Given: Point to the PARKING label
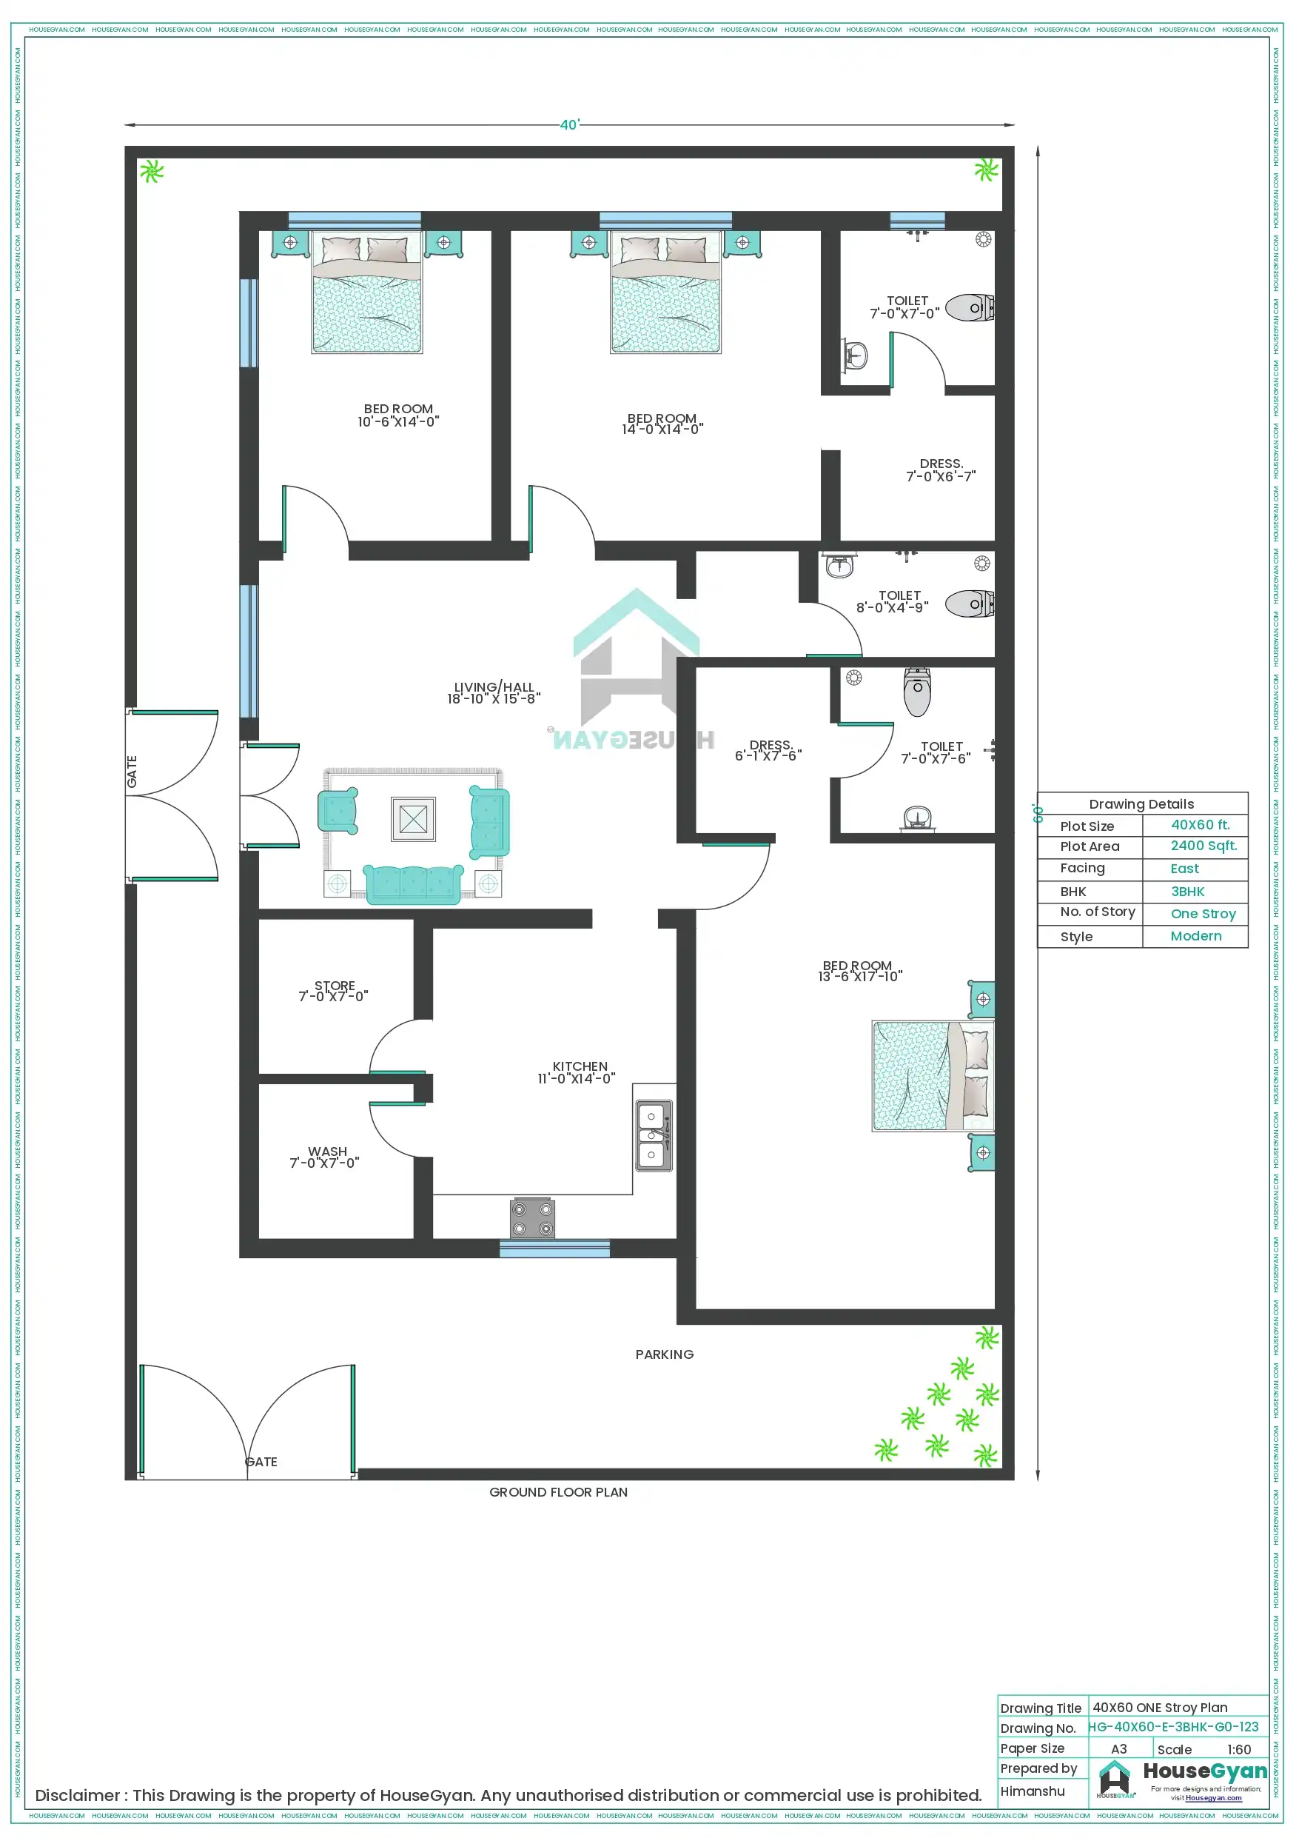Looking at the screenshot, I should [x=665, y=1354].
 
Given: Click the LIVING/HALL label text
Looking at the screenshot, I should [x=494, y=692].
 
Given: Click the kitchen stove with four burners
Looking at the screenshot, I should [x=532, y=1218].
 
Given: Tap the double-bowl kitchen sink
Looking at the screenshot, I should [x=653, y=1136].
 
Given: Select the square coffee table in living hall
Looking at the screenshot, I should [x=413, y=819].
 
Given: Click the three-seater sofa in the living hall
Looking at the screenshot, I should [x=414, y=883].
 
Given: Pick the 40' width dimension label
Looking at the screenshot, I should [x=569, y=125].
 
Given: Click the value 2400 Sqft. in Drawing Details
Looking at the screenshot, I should [x=1203, y=846].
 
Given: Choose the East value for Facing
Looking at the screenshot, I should [x=1184, y=869].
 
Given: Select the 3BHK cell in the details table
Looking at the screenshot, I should [x=1187, y=892].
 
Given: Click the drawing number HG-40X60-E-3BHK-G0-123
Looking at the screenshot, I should [x=1172, y=1727].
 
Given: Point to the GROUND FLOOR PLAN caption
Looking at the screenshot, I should [x=558, y=1492].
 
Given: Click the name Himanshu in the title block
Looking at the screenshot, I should [x=1032, y=1791].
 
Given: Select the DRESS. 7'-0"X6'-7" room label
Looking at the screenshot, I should [x=941, y=470].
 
